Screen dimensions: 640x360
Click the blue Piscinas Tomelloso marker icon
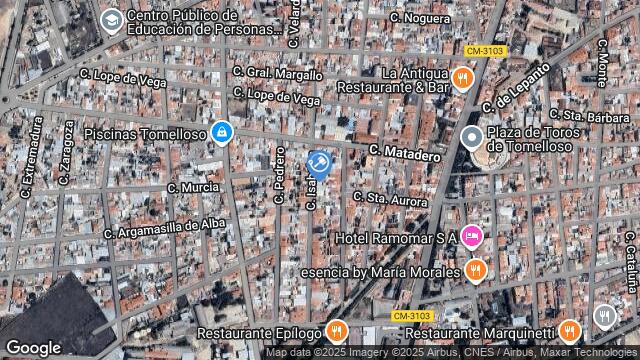point(221,132)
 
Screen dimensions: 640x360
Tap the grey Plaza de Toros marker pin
point(472,139)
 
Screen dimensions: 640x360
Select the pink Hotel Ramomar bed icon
point(472,237)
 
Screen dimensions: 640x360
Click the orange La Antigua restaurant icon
point(461,79)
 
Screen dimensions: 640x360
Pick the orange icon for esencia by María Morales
point(475,270)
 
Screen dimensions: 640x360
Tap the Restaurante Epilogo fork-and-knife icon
point(337,331)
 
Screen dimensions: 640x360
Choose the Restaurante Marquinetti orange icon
point(569,331)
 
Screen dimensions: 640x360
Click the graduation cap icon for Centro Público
point(110,21)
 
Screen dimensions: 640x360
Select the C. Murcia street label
point(193,187)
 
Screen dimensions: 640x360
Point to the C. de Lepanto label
point(516,87)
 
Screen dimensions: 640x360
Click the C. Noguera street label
point(419,18)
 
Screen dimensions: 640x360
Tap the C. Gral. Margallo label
point(278,73)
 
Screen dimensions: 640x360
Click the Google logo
point(33,347)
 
